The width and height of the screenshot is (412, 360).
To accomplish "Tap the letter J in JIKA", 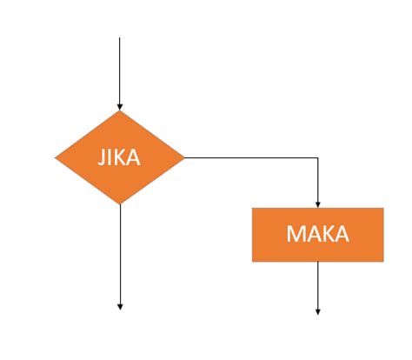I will pos(100,159).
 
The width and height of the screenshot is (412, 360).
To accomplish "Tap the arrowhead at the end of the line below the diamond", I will pos(120,306).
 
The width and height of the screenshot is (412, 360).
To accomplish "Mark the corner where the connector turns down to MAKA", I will pos(318,158).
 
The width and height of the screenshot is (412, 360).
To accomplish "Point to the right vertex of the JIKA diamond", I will pos(184,158).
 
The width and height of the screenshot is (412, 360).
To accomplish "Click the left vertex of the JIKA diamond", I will pos(56,158).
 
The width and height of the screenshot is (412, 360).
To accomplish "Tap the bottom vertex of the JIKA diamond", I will pos(120,205).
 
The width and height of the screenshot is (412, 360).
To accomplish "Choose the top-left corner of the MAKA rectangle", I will pos(253,209).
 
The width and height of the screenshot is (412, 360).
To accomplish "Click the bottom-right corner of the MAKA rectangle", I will pos(383,261).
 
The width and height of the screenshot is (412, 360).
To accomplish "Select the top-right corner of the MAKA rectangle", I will pos(383,209).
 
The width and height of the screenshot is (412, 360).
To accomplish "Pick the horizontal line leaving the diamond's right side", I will pos(252,158).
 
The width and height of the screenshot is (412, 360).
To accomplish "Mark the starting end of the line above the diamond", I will pos(120,37).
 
